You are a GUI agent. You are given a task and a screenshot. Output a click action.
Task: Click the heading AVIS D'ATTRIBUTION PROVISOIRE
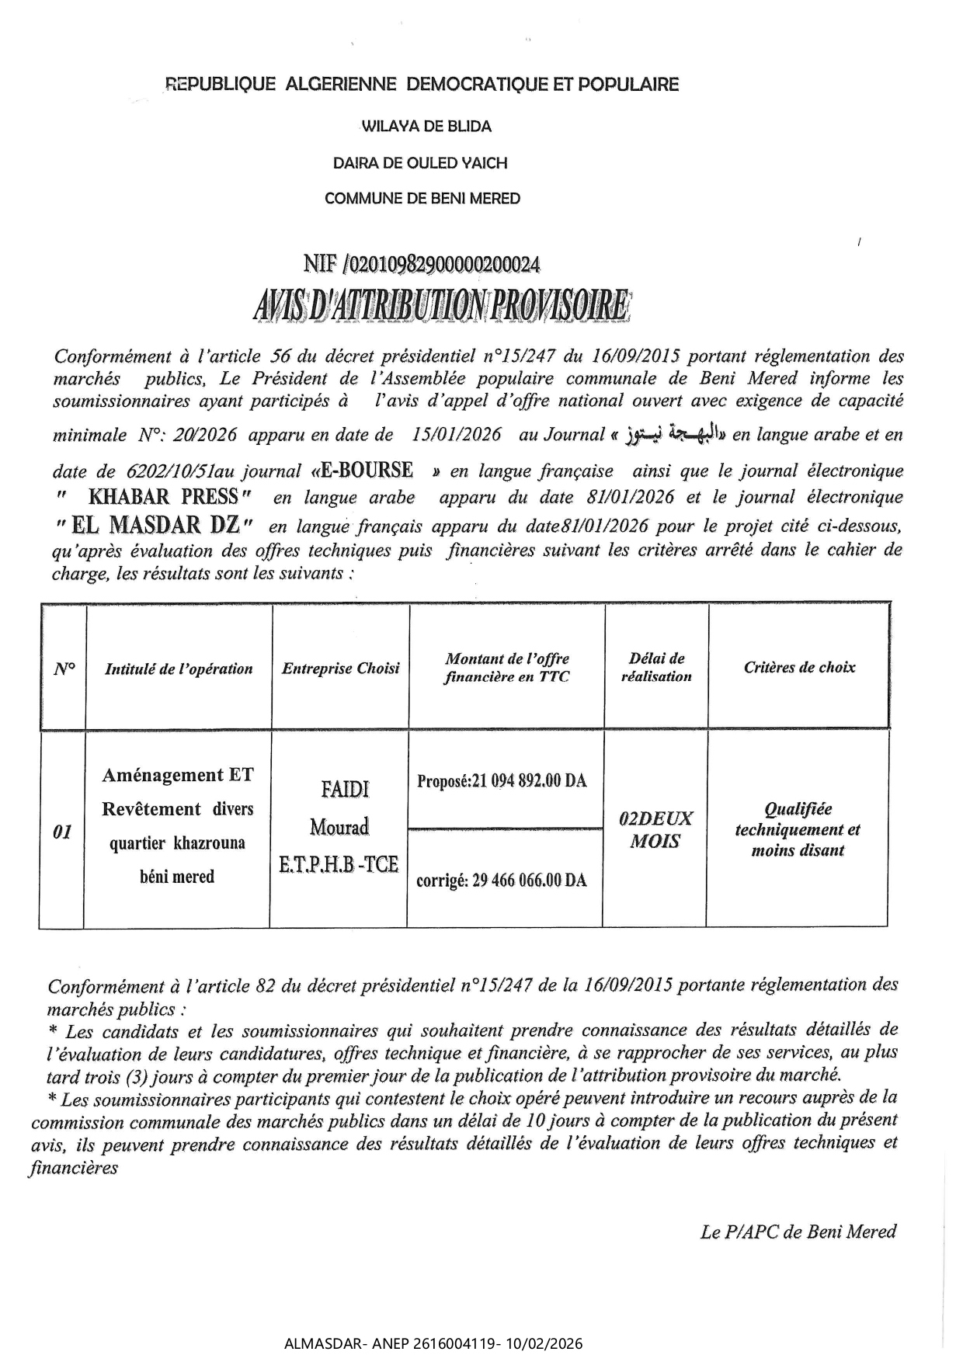442,307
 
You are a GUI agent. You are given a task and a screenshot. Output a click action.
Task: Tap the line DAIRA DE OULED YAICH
420,163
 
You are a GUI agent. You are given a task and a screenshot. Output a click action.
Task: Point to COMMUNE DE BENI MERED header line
422,199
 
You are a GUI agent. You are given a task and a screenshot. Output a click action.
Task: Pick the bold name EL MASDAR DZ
155,526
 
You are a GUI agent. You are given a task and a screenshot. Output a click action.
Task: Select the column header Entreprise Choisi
340,669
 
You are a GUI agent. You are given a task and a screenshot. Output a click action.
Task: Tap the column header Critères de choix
799,667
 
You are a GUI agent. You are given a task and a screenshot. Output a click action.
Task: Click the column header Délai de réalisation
656,667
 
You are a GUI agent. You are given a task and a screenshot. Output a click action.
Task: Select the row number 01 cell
62,832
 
